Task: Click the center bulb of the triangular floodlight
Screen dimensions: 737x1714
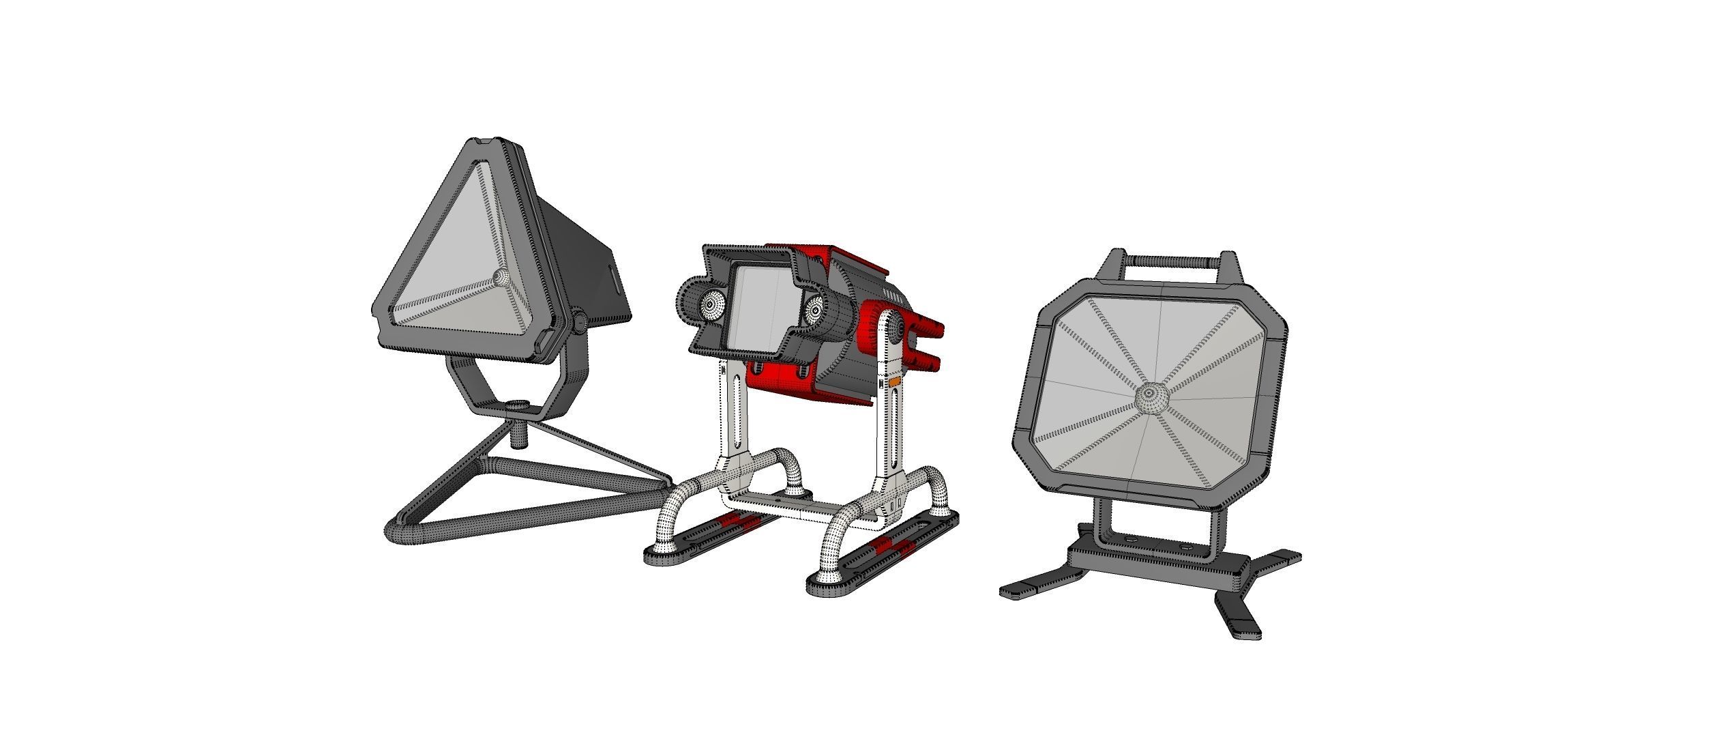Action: (501, 277)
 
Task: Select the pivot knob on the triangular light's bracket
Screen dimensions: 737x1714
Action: (579, 321)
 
